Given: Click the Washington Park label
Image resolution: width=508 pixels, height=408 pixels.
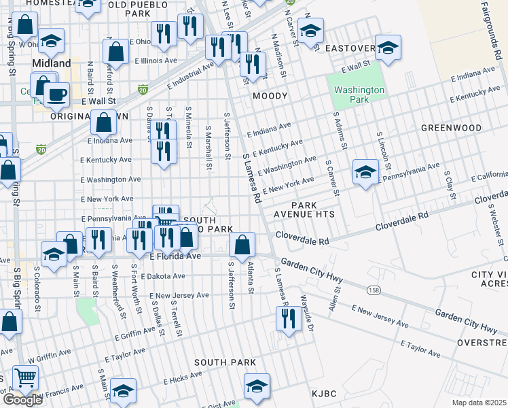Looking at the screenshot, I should (359, 95).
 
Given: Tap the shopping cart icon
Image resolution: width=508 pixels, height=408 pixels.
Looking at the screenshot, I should (24, 377).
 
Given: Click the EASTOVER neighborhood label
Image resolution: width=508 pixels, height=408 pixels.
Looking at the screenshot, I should (350, 48).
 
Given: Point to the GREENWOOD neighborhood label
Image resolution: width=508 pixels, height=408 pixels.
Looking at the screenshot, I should (451, 128).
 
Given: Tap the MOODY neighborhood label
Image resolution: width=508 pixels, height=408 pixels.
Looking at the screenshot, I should (270, 97).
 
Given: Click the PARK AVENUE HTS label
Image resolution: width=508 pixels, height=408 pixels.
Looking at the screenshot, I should (314, 209).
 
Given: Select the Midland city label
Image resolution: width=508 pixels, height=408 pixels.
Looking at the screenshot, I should (52, 63).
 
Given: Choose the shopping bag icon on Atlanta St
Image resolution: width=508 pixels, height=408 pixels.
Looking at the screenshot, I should (242, 243).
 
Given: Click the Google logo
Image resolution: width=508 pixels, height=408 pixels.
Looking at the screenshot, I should (22, 400).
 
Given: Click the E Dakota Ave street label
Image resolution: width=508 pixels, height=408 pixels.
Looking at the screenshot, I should (160, 276).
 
